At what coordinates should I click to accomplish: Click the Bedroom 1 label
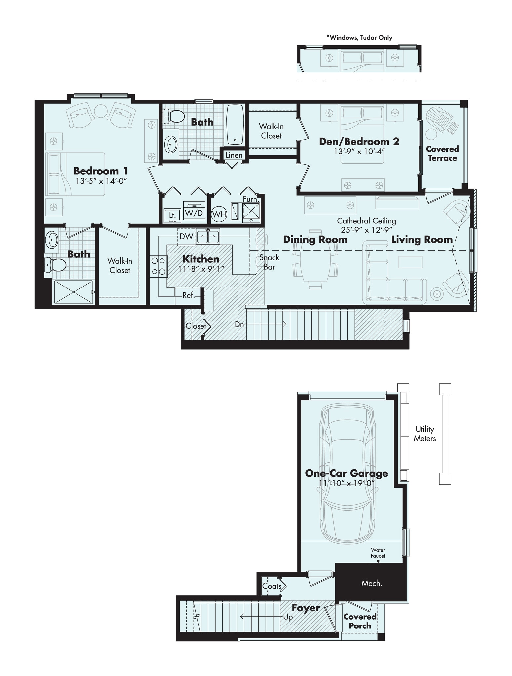tap(100, 171)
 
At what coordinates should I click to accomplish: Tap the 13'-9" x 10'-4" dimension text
tap(359, 152)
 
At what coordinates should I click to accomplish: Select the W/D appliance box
tap(194, 213)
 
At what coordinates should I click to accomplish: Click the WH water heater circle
tap(219, 215)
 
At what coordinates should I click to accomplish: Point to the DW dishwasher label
tap(186, 236)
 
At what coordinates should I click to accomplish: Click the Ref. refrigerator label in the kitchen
tap(189, 295)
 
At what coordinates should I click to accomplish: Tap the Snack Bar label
tap(269, 262)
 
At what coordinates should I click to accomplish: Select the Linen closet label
tap(234, 155)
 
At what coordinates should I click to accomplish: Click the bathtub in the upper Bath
tap(235, 125)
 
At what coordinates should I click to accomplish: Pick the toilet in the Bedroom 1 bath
tap(55, 265)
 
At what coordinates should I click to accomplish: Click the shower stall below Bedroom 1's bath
tap(73, 292)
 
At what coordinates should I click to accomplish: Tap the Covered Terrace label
tap(442, 153)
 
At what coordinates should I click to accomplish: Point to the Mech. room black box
tap(371, 583)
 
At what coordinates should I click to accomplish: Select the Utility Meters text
tap(425, 434)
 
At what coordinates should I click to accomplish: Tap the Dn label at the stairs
tap(239, 324)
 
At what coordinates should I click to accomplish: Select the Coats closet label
tap(272, 586)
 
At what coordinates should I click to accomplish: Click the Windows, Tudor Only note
tap(359, 37)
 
